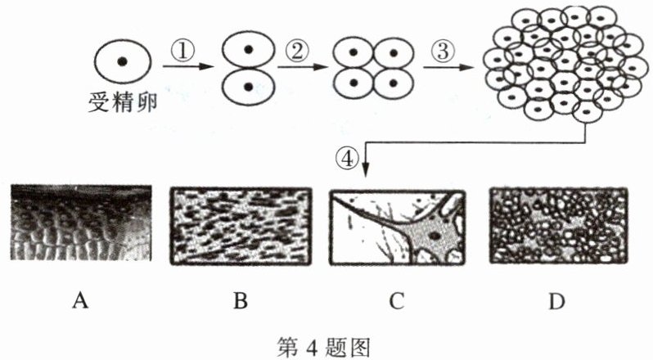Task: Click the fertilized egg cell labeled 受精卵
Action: pyautogui.click(x=122, y=62)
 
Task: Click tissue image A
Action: pyautogui.click(x=81, y=224)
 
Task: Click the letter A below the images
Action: pyautogui.click(x=80, y=302)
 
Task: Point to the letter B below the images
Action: pyautogui.click(x=240, y=302)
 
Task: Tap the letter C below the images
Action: pyautogui.click(x=397, y=302)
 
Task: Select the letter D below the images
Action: pyautogui.click(x=556, y=302)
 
